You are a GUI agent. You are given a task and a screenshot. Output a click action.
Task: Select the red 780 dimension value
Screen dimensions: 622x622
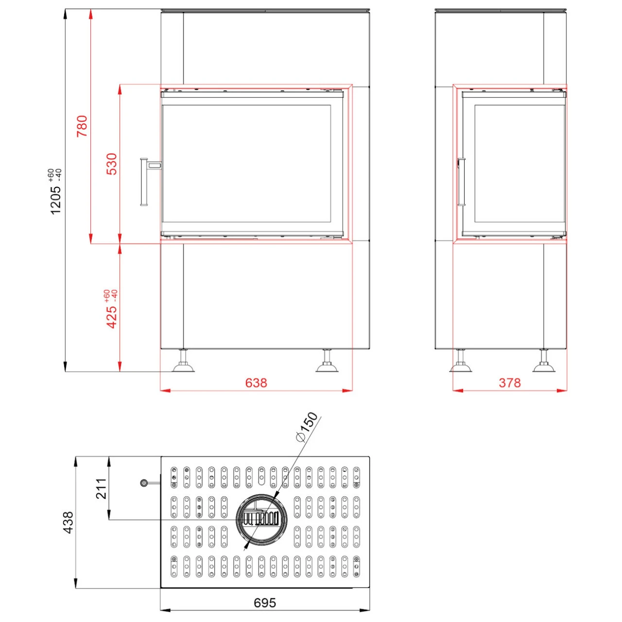(82, 126)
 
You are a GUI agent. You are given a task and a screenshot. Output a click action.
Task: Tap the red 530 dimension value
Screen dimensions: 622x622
(112, 164)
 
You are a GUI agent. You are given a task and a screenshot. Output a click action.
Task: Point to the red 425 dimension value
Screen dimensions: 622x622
(112, 317)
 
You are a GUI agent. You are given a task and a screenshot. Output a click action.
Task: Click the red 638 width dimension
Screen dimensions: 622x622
(256, 383)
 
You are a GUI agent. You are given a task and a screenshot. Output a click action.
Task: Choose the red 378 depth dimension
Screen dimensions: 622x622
(510, 383)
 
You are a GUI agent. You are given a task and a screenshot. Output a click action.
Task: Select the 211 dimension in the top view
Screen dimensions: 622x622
(101, 489)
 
